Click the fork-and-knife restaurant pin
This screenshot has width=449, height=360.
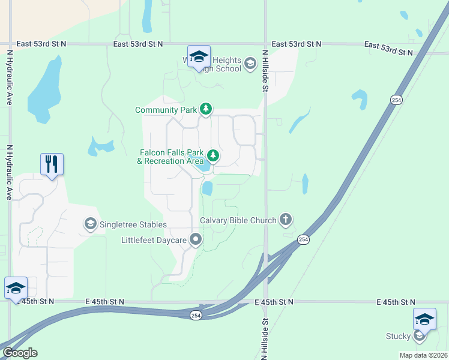tap(52, 164)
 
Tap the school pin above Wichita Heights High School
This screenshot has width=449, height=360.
tap(199, 57)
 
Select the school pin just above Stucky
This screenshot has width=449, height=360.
tap(424, 318)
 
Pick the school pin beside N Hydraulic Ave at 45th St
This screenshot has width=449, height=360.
tap(16, 287)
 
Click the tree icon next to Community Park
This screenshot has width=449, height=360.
tap(206, 109)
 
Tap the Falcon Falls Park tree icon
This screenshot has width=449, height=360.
tap(212, 157)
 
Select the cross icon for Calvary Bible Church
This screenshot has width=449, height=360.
tap(286, 220)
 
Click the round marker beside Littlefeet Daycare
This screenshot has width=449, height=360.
tap(196, 240)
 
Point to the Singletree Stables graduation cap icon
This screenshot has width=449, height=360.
tap(90, 224)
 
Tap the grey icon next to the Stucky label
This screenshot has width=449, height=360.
tap(420, 337)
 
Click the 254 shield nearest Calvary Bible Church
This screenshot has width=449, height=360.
tap(304, 240)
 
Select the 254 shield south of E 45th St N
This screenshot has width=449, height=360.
tap(196, 316)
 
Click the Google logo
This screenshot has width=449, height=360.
tap(19, 353)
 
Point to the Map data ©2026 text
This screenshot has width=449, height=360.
tap(423, 355)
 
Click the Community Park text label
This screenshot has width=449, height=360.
tap(166, 110)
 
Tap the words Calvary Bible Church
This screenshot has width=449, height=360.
tap(238, 220)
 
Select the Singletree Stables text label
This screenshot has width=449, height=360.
tap(133, 224)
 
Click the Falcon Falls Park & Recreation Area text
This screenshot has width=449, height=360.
tap(170, 157)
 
